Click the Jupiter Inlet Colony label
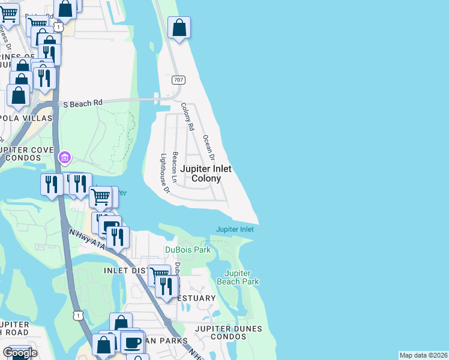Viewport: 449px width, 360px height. (206, 174)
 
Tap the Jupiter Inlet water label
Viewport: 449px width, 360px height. (235, 229)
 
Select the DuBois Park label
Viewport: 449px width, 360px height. (188, 250)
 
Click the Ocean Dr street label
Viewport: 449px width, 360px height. (208, 148)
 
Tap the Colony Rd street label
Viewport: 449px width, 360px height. (188, 117)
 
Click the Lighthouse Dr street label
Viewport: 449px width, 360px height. (165, 174)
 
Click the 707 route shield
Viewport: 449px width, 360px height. (178, 80)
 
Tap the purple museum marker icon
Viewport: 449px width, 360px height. (64, 158)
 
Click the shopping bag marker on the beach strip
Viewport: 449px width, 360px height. (179, 28)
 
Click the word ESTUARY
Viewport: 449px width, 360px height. (196, 298)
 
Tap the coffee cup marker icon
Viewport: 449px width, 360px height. (132, 343)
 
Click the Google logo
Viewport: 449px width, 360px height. (20, 353)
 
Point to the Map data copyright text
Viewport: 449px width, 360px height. (423, 355)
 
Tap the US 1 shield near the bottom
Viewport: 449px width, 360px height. (78, 314)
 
